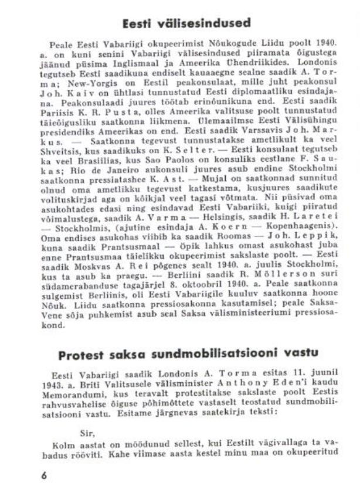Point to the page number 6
[43, 476]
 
